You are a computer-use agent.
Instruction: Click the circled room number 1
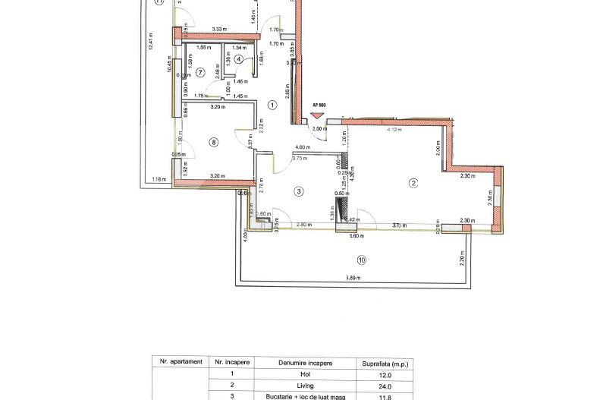tap(272, 106)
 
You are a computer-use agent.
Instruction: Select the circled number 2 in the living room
tap(413, 182)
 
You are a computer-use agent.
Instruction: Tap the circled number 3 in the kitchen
tap(299, 192)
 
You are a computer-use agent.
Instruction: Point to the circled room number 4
tap(239, 58)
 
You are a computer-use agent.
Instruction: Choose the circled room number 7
tap(200, 73)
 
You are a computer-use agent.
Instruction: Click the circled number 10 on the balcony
tap(361, 260)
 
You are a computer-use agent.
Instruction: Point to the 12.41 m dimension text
tap(151, 42)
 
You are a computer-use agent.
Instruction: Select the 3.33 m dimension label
tap(220, 30)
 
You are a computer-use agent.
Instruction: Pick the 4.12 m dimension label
tap(394, 130)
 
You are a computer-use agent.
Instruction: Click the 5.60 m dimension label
tap(353, 235)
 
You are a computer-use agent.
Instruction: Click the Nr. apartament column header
tap(177, 363)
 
